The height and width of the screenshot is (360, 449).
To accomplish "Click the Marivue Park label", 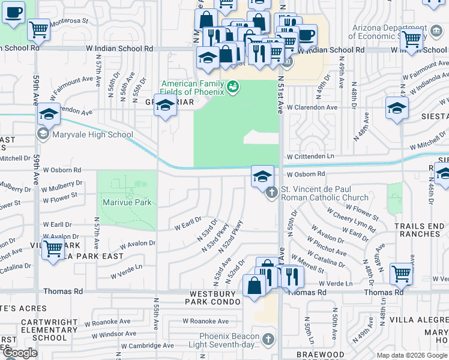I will click(x=127, y=202).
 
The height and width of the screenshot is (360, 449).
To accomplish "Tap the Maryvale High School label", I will click(x=92, y=134).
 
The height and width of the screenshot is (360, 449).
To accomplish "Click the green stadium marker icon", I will click(x=233, y=88).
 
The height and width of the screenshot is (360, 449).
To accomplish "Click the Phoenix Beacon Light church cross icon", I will click(x=268, y=340).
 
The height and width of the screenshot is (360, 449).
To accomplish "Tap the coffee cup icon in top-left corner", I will click(x=14, y=12).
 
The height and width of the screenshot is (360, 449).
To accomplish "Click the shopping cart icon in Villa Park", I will click(x=53, y=247).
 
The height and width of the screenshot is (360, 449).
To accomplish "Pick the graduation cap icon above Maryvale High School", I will click(x=49, y=114).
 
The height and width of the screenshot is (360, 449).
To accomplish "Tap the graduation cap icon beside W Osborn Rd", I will click(x=262, y=176).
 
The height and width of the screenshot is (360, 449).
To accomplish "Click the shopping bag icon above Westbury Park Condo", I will click(x=255, y=286).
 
